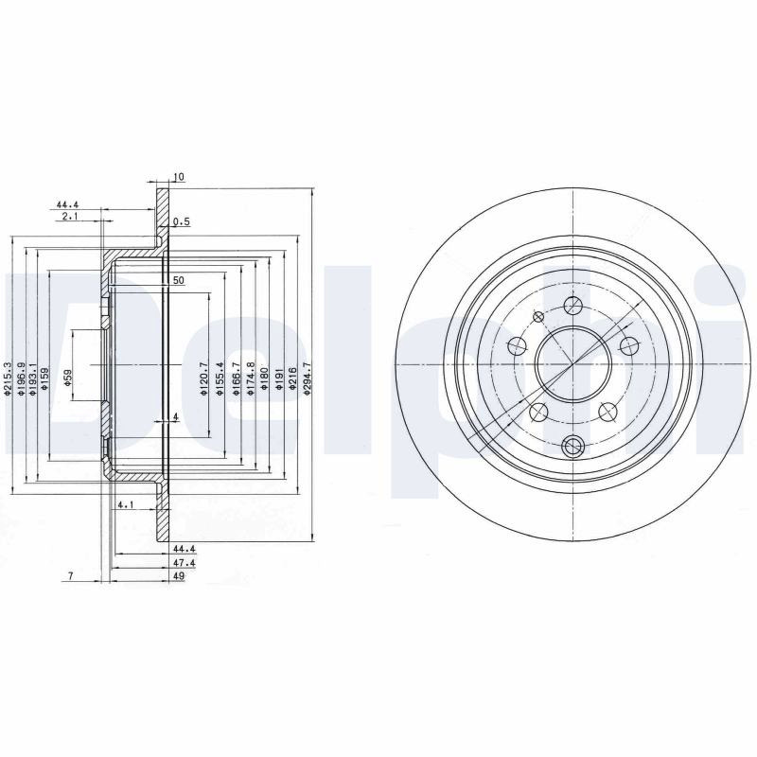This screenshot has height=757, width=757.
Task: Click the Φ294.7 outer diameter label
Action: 307,379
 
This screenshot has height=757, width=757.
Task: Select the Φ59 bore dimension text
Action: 68,377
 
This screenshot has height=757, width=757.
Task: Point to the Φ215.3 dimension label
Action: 7,379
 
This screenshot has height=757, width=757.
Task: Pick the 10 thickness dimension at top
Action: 178,177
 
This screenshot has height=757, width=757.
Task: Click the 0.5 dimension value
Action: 182,222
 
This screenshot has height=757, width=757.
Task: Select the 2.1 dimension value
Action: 70,217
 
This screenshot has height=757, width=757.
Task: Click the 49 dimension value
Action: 179,575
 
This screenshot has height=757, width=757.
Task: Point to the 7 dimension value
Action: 70,575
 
